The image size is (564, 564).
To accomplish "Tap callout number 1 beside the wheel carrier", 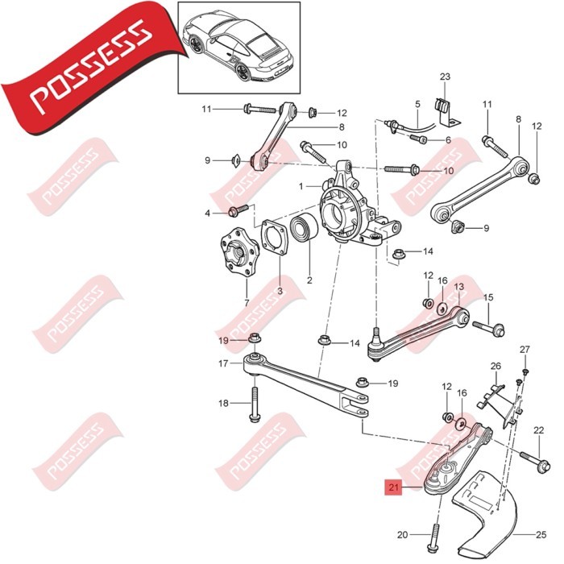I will [x=301, y=186].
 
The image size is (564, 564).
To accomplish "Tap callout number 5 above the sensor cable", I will [x=417, y=104].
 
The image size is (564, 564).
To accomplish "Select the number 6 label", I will [x=448, y=139].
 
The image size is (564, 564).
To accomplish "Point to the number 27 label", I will [x=525, y=349].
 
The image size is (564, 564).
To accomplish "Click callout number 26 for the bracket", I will [x=496, y=366].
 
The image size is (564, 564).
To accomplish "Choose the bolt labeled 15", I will [x=493, y=328].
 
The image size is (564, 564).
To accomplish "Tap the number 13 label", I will [x=458, y=287].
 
